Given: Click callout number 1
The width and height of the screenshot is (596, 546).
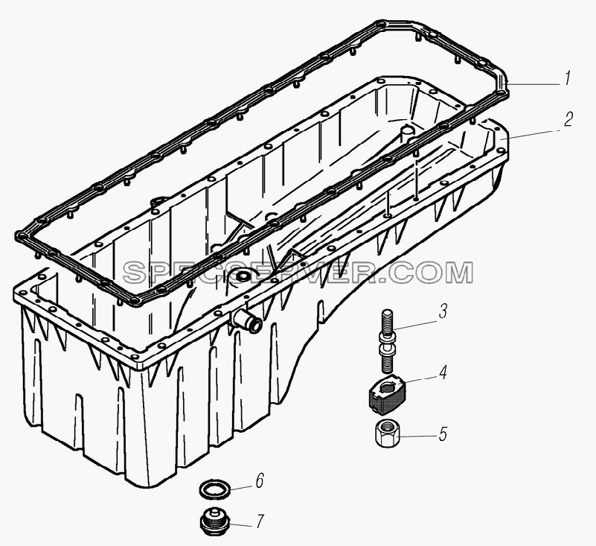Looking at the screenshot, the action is (566, 79).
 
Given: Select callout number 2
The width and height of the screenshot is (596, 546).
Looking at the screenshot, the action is (568, 119).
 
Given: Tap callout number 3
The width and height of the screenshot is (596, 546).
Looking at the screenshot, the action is (442, 311).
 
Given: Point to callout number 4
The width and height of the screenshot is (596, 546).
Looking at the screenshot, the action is (443, 372).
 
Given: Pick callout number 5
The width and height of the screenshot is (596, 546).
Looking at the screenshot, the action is (443, 434).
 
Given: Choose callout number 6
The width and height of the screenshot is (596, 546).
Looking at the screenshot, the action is (259, 481).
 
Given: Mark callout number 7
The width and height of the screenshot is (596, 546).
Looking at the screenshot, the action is (260, 521).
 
